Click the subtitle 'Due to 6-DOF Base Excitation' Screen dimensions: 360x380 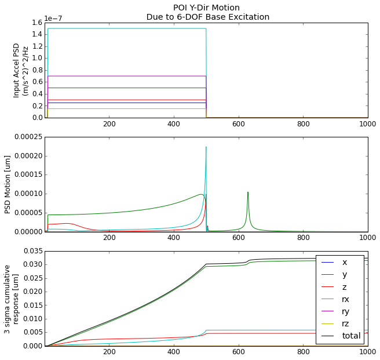pos(207,17)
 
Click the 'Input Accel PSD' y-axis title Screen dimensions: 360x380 pos(21,70)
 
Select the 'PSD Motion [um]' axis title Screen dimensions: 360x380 pos(8,184)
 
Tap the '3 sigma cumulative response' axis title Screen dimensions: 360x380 pos(12,299)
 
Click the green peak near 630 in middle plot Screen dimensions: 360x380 pos(248,192)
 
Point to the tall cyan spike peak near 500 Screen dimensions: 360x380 pos(206,147)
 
